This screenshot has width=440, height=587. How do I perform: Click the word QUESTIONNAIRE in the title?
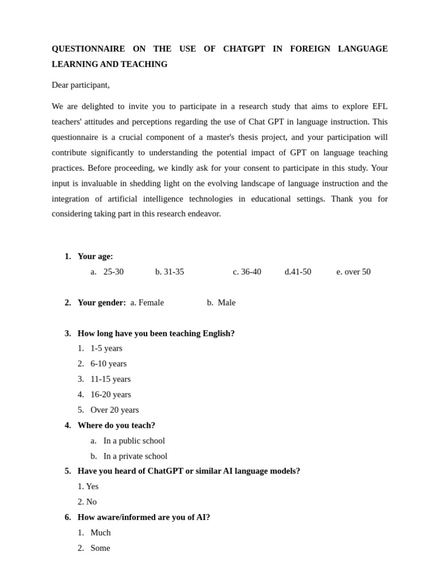(x=88, y=49)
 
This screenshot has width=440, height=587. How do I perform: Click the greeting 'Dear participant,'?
(x=80, y=85)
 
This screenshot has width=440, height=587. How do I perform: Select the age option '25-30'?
(x=113, y=272)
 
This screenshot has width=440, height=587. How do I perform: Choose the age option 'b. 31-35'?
(x=170, y=272)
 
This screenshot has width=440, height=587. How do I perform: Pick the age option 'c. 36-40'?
(x=247, y=272)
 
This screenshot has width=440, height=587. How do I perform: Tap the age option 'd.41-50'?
(x=298, y=272)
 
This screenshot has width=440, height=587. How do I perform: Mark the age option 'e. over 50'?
(x=353, y=272)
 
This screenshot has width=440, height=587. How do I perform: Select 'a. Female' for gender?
(x=147, y=303)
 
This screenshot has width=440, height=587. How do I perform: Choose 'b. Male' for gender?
(x=221, y=303)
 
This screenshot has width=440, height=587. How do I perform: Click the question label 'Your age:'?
(x=95, y=256)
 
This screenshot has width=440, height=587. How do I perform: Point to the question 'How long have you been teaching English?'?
(x=156, y=333)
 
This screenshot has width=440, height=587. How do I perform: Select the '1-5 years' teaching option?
(x=106, y=349)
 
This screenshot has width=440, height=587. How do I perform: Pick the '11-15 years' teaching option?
(x=110, y=379)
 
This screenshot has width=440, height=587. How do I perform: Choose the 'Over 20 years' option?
(x=115, y=410)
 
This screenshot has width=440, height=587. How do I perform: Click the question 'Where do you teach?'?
(x=116, y=425)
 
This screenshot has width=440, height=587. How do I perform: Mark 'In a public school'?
(x=134, y=441)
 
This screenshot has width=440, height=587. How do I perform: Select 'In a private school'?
(x=135, y=456)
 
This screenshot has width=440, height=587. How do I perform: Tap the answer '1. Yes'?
(x=88, y=487)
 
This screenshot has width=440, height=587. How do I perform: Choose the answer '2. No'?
(x=87, y=502)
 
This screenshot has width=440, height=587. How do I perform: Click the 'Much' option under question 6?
(x=100, y=533)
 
